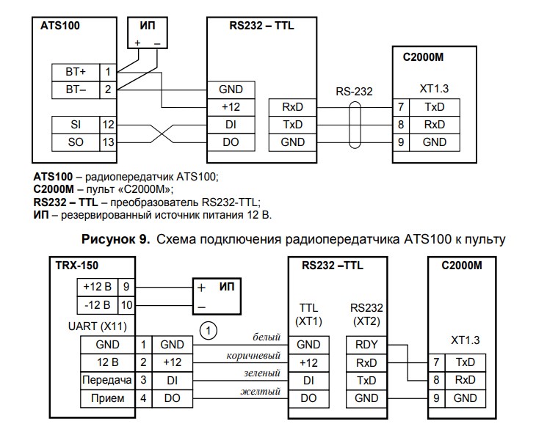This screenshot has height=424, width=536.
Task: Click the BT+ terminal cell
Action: (x=76, y=72)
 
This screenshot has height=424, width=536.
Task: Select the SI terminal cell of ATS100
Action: (x=76, y=125)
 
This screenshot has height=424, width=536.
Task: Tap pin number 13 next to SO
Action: (x=108, y=142)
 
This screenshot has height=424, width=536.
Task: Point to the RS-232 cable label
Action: (x=354, y=92)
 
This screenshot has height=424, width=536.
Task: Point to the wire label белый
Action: (x=266, y=337)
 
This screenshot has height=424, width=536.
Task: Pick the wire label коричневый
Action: (x=255, y=356)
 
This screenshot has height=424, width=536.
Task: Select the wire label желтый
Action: (x=261, y=392)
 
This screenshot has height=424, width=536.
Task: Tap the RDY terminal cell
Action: (x=366, y=343)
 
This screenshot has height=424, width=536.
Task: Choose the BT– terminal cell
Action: (x=76, y=89)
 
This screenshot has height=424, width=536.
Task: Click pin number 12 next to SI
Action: (x=108, y=125)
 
